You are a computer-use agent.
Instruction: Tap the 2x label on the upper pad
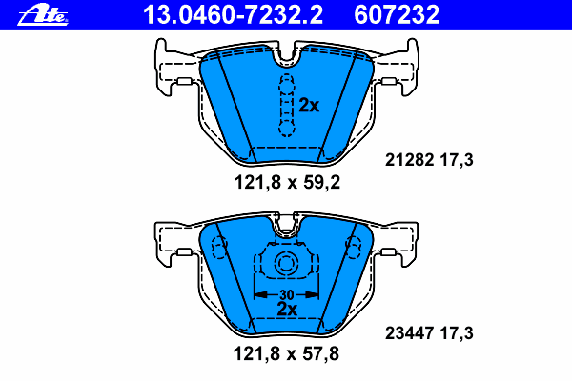[309, 106]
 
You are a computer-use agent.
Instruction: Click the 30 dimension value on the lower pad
[286, 293]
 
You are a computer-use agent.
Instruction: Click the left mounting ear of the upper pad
[173, 70]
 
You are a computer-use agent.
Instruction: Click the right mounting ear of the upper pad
[399, 70]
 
